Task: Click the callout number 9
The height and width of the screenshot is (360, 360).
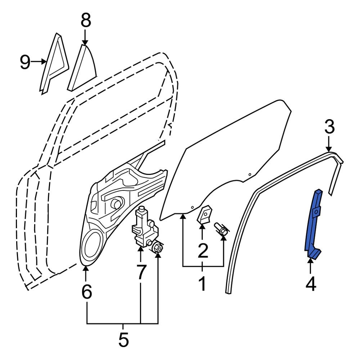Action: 25,62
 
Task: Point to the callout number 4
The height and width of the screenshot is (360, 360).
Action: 310,284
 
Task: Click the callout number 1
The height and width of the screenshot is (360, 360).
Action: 202,283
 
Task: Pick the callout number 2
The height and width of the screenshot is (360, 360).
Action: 202,251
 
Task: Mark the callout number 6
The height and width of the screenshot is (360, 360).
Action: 86,292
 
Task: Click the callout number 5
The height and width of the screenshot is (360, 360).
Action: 123,339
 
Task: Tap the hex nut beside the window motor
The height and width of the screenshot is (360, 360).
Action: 157,248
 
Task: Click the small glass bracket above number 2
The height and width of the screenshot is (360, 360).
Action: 204,215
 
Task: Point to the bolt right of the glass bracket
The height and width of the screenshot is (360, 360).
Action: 221,230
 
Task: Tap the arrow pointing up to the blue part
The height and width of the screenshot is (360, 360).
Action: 310,263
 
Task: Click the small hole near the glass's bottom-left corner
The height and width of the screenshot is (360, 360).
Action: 193,208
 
